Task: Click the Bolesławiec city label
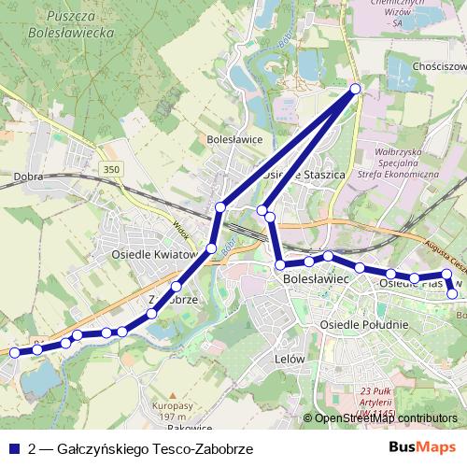tap(315, 278)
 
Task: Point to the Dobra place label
tap(31, 176)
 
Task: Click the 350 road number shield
tap(112, 168)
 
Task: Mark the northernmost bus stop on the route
tap(355, 89)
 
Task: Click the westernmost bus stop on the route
tap(14, 353)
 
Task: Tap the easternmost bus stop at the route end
tap(453, 294)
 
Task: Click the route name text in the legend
tap(140, 449)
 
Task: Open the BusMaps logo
tap(422, 448)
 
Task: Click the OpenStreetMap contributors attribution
tap(386, 418)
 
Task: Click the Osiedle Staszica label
tap(304, 175)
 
